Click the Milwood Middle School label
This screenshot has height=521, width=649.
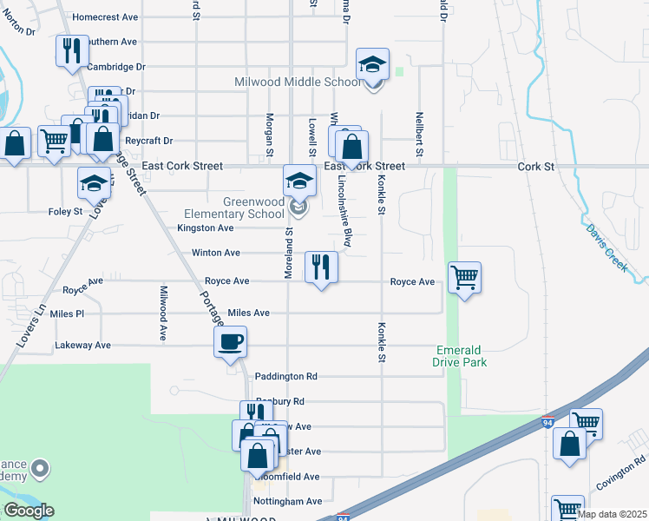[298, 82]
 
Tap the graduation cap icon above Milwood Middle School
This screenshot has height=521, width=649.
[373, 65]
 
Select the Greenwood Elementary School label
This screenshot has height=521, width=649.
[234, 208]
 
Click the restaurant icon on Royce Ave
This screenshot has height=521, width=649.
[321, 267]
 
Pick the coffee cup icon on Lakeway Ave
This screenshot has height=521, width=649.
[230, 342]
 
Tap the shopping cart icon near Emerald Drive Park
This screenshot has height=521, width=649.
[465, 278]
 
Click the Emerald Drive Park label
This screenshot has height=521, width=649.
[461, 356]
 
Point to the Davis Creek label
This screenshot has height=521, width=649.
[606, 248]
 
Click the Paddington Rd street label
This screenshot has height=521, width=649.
[286, 377]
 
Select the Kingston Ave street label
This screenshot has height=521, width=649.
[206, 228]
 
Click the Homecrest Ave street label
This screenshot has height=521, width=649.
[105, 16]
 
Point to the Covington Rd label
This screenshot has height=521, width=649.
[621, 473]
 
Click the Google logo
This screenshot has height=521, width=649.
[29, 511]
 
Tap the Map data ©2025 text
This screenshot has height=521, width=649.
[611, 514]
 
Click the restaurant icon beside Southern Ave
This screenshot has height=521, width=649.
[72, 50]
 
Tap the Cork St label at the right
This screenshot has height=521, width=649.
[534, 166]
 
